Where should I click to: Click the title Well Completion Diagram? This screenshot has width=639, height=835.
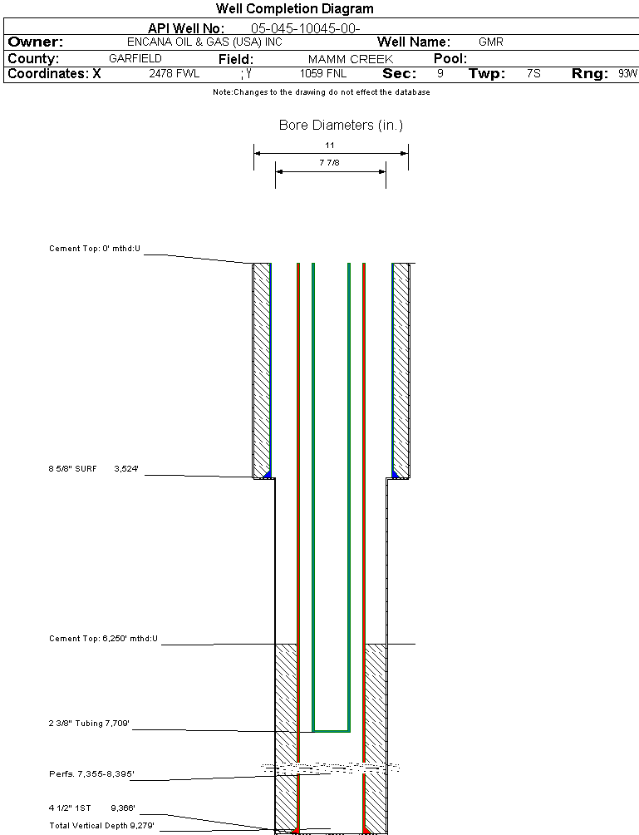294,9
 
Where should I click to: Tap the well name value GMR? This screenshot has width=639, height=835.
491,42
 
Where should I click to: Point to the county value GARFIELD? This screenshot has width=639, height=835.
135,59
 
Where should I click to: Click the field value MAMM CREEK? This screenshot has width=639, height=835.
350,60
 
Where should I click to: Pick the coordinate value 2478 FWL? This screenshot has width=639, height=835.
174,74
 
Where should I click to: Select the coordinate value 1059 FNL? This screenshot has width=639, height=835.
323,74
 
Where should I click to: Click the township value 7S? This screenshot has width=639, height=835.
533,74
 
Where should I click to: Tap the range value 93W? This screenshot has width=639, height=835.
627,74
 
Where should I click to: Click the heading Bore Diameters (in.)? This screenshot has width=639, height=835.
341,126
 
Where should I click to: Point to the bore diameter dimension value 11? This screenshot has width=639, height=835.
330,145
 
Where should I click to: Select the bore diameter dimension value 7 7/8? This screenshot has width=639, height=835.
330,163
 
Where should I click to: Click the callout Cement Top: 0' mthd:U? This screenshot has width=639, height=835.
96,249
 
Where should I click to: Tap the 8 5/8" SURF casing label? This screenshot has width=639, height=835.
73,469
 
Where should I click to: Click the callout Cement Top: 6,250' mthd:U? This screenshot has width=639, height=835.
103,639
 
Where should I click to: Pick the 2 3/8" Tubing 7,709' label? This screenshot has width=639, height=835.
87,724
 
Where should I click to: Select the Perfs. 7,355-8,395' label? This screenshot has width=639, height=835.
91,774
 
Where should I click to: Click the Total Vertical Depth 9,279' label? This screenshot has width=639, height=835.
101,825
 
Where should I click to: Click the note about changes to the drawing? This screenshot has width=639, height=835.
321,92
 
